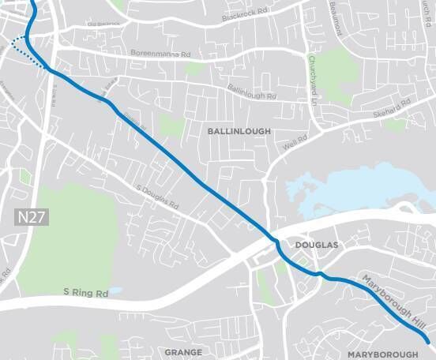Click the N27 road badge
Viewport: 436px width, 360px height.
32,216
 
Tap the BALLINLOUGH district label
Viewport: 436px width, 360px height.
239,131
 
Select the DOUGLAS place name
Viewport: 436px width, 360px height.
316,246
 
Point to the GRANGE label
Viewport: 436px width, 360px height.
183,351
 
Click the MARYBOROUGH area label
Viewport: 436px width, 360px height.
382,354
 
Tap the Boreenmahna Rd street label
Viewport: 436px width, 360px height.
160,54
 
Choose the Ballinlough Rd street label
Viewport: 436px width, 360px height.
252,92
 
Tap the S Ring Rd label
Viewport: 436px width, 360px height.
85,293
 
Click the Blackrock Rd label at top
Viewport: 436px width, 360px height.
246,13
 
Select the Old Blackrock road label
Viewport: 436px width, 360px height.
103,24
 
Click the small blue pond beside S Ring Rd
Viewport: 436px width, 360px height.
116,291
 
